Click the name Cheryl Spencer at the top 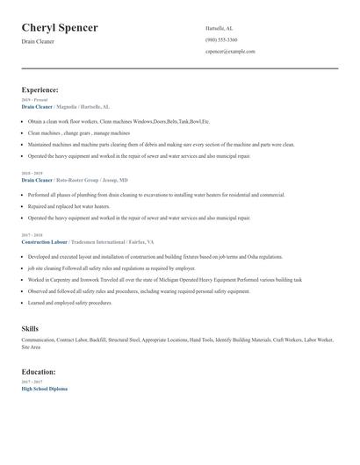click(x=60, y=28)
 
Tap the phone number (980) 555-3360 click(x=221, y=39)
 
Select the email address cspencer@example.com click(x=230, y=52)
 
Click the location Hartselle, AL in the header click(x=219, y=28)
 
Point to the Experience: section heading click(x=40, y=89)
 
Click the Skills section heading click(x=30, y=329)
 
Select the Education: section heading click(x=39, y=372)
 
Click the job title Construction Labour click(x=44, y=241)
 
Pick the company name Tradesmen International click(x=97, y=241)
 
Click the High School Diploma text click(x=44, y=389)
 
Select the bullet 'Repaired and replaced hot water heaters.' click(x=68, y=206)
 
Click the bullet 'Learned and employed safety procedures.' click(x=70, y=303)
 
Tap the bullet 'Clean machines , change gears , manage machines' click(x=79, y=132)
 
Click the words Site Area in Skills click(x=31, y=347)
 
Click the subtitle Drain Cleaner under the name click(x=38, y=41)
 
